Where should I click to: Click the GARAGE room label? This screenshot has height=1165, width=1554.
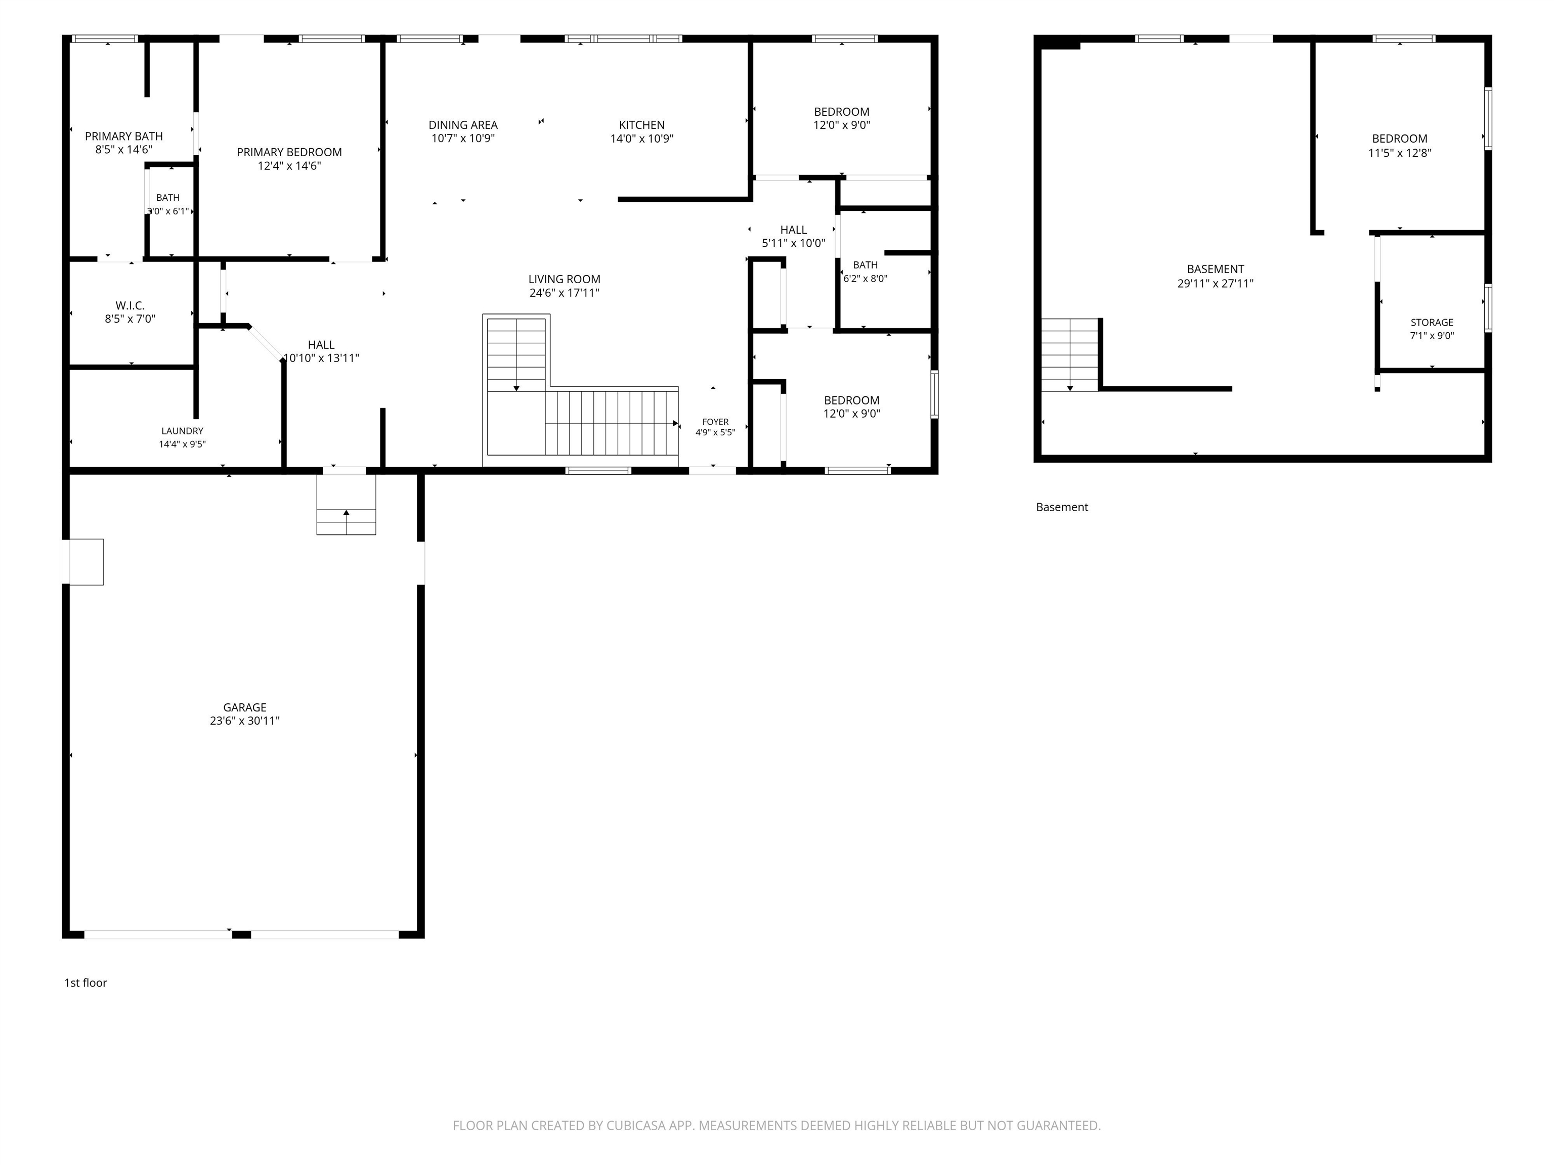[x=244, y=707]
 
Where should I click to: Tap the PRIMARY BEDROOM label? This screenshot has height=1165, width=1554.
[x=289, y=152]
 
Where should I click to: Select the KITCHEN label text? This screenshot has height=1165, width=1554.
[x=642, y=125]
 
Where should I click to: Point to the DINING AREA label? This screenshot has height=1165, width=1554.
[x=463, y=125]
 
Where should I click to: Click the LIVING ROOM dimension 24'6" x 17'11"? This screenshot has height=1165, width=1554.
[x=564, y=293]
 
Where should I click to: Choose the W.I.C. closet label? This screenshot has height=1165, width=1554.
[x=130, y=305]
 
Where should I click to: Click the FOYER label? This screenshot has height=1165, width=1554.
[x=715, y=422]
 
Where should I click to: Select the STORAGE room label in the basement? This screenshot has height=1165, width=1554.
[x=1432, y=322]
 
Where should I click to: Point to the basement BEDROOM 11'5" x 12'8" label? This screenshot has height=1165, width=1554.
[x=1399, y=145]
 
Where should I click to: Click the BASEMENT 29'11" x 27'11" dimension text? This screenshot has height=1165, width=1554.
[x=1216, y=284]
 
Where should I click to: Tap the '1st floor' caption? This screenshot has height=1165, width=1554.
[x=85, y=982]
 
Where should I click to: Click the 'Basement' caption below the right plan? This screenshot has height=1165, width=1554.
[x=1061, y=507]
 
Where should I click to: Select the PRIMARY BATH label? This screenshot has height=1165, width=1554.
[x=123, y=136]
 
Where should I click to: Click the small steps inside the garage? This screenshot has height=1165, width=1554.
[x=346, y=504]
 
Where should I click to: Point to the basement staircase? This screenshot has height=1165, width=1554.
[x=1069, y=354]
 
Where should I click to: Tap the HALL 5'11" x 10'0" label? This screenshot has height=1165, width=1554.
[x=793, y=237]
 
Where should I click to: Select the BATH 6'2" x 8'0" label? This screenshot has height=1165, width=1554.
[x=865, y=272]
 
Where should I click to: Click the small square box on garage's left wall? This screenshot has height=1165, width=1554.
[x=83, y=562]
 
